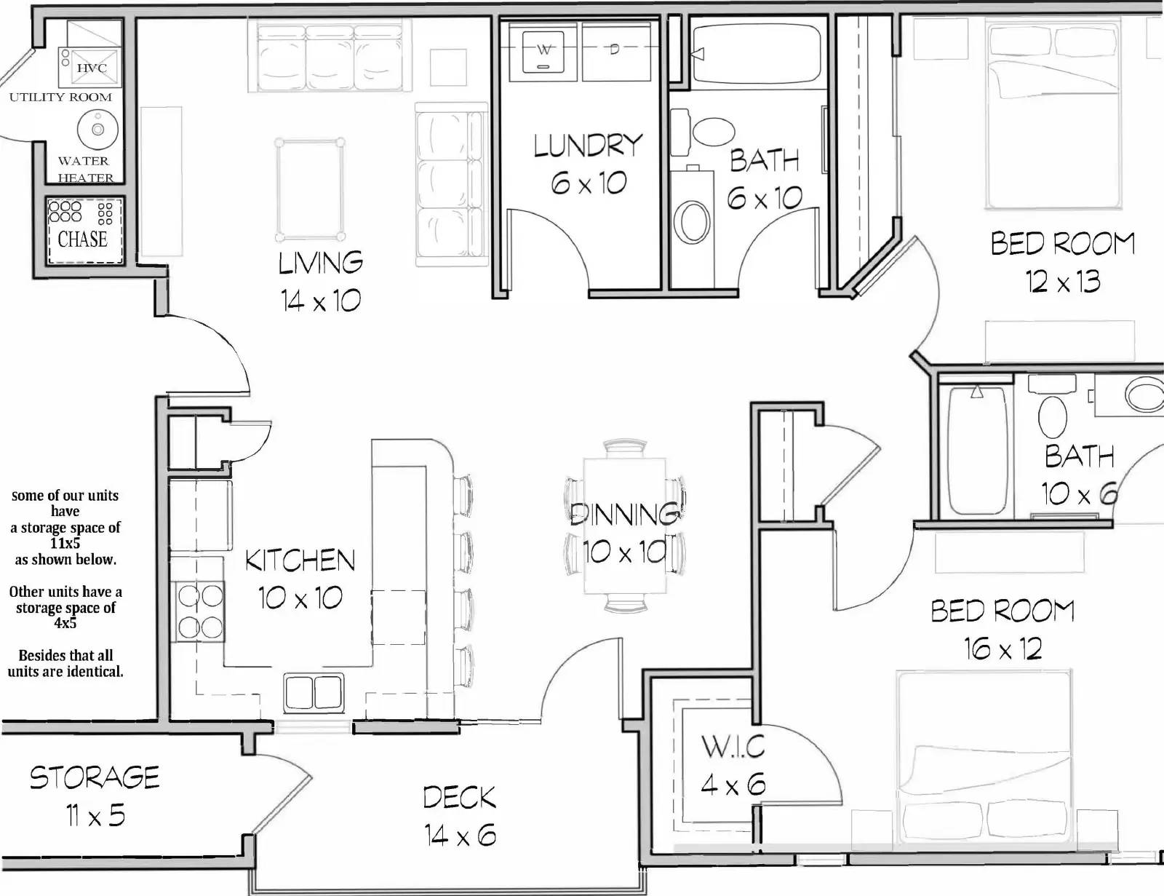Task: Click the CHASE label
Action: (82, 239)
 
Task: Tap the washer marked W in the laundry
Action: (543, 52)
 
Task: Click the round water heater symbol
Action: (98, 129)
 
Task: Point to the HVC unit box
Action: (89, 68)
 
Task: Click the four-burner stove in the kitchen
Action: (200, 611)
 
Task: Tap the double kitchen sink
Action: (314, 692)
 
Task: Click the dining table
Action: (625, 526)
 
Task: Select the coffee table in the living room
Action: (310, 190)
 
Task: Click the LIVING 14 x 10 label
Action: (321, 282)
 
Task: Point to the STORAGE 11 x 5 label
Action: (95, 796)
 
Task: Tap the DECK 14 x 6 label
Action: (460, 816)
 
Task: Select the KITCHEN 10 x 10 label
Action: (300, 579)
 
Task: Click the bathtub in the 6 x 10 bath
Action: (757, 54)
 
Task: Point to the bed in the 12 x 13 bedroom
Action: (1054, 114)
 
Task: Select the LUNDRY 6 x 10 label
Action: (588, 164)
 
